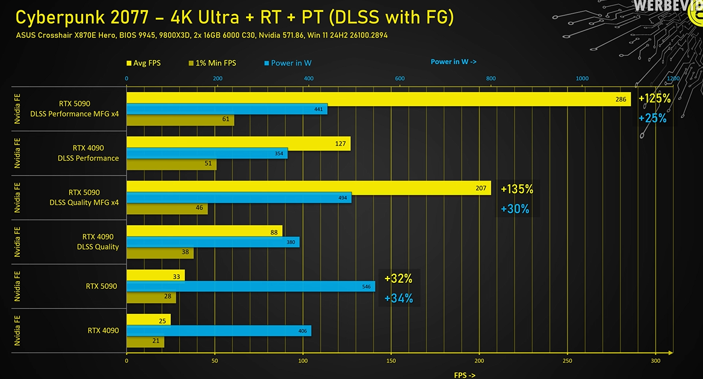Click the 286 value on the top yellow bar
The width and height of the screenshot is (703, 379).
pyautogui.click(x=621, y=99)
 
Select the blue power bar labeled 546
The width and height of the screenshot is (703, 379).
pyautogui.click(x=250, y=286)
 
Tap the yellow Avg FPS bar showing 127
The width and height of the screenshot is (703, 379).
pyautogui.click(x=238, y=143)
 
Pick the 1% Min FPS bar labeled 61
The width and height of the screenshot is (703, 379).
pyautogui.click(x=180, y=120)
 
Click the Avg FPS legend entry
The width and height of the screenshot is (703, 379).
pyautogui.click(x=143, y=63)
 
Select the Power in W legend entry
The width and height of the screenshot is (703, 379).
pyautogui.click(x=288, y=63)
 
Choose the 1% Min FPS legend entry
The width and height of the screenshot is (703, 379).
pyautogui.click(x=212, y=63)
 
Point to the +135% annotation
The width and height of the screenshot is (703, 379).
pyautogui.click(x=516, y=189)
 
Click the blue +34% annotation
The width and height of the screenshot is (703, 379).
pyautogui.click(x=398, y=298)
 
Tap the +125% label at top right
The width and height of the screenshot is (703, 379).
pyautogui.click(x=654, y=99)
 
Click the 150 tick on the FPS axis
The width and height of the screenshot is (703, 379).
pyautogui.click(x=391, y=361)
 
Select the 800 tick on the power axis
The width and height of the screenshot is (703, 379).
pyautogui.click(x=491, y=78)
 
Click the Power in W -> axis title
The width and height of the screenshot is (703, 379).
pyautogui.click(x=453, y=61)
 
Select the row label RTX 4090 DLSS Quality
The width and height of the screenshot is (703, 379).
pyautogui.click(x=98, y=242)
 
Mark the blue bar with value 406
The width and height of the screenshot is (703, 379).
pyautogui.click(x=218, y=331)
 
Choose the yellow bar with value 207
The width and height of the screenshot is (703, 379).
pyautogui.click(x=308, y=188)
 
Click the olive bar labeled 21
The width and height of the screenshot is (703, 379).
pyautogui.click(x=144, y=342)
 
